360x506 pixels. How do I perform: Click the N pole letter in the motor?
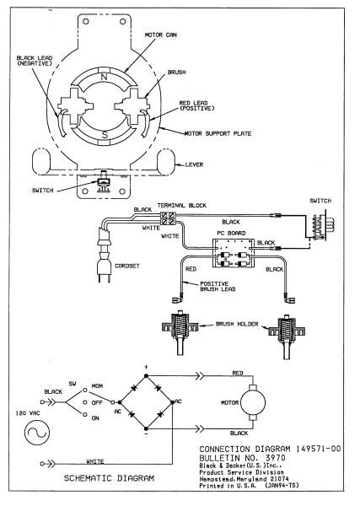pos(104,77)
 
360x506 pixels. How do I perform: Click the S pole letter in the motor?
pos(105,134)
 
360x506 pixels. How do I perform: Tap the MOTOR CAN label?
pos(161,35)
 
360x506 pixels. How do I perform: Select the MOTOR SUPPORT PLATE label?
pos(218,133)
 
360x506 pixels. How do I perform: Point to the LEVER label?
pos(194,164)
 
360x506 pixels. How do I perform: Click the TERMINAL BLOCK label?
pos(182,205)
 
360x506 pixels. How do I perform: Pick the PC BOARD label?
pos(231,233)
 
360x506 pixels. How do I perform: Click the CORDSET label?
pos(127,266)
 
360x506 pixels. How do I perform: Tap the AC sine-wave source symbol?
pos(37,433)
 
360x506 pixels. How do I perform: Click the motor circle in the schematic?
pos(253,402)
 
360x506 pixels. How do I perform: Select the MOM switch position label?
pos(98,386)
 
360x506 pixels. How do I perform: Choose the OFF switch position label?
pos(97,403)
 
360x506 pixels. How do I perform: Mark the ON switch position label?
pos(95,418)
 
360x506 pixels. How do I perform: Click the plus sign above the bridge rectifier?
pos(146,367)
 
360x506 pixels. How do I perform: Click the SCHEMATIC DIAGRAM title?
pos(109,478)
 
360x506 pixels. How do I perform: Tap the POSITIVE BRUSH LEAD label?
pos(218,287)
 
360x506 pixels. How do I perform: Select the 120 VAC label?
pos(28,413)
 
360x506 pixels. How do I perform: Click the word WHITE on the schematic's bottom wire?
pos(94,462)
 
